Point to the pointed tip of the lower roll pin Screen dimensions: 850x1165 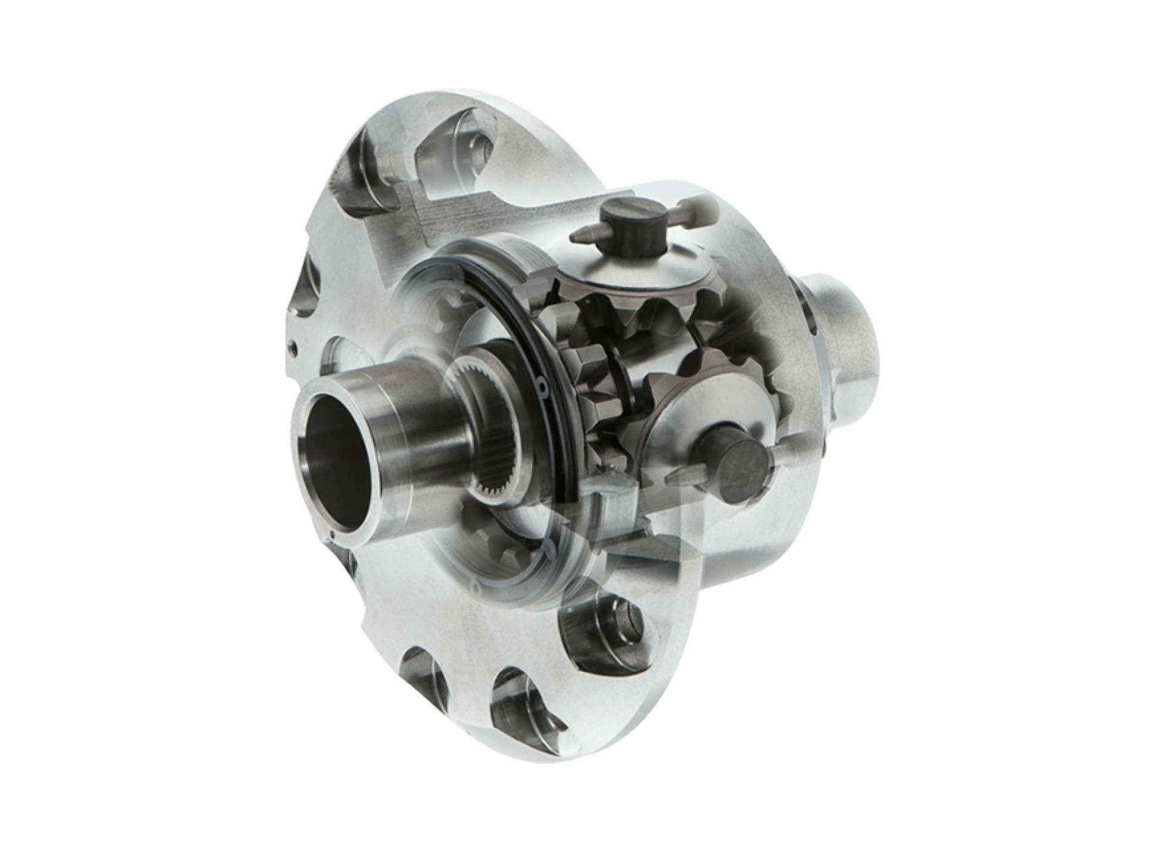pyautogui.click(x=669, y=480)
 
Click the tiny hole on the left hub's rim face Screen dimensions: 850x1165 pyautogui.click(x=333, y=535)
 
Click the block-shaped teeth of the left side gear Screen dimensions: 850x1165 pyautogui.click(x=570, y=364)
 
